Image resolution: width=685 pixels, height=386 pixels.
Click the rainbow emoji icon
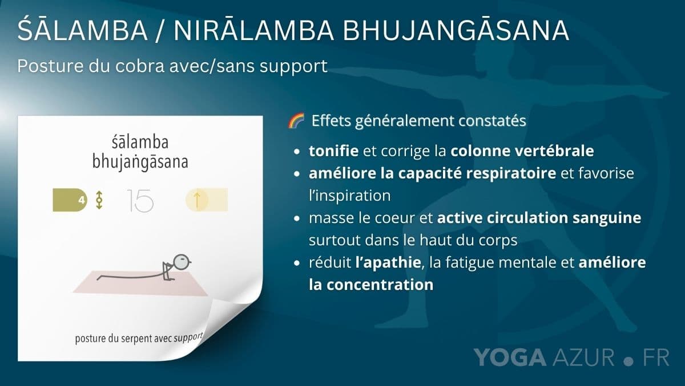(296, 120)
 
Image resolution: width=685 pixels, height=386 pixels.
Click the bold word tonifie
(333, 150)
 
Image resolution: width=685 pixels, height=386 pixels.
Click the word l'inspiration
(349, 196)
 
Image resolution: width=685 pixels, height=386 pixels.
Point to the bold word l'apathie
(388, 262)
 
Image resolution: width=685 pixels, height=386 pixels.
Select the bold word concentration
(380, 285)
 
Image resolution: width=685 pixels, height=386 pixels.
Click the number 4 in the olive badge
(81, 200)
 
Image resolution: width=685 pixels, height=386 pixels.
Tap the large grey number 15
(140, 201)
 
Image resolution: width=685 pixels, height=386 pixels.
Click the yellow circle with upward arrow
(197, 200)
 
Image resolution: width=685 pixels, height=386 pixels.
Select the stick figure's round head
(182, 262)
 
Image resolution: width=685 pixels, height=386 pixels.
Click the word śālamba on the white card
(140, 142)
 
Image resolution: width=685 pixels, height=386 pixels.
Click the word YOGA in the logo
(510, 357)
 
